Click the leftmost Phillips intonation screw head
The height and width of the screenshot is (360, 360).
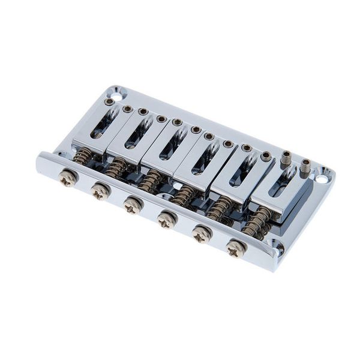click(67, 179)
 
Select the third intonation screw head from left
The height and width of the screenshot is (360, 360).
click(132, 206)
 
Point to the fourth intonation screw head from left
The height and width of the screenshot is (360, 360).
click(166, 220)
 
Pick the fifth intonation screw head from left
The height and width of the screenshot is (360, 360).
click(201, 234)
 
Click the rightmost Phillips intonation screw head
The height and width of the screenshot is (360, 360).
click(236, 248)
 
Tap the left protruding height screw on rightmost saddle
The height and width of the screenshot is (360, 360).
click(286, 159)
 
